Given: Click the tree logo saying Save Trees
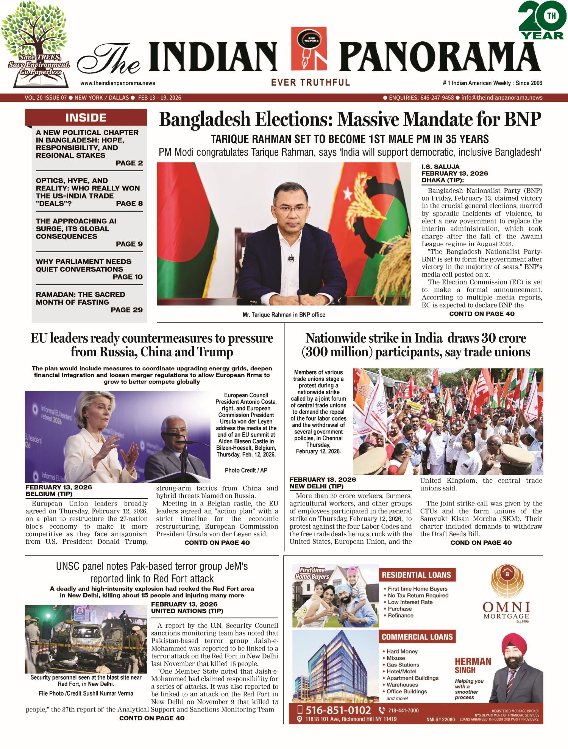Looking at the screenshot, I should pyautogui.click(x=36, y=45).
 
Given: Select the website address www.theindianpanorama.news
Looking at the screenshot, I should pyautogui.click(x=117, y=83).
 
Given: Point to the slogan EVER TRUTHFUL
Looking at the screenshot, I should pyautogui.click(x=310, y=82).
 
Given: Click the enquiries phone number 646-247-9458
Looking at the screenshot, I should pyautogui.click(x=437, y=98).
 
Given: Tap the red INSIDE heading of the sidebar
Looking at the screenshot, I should pyautogui.click(x=86, y=117).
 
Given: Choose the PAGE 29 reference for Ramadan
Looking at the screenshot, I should pyautogui.click(x=126, y=310).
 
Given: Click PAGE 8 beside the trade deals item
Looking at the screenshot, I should pyautogui.click(x=129, y=203).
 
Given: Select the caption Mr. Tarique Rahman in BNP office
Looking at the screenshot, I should pyautogui.click(x=284, y=315).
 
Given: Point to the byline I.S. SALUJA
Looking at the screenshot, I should pyautogui.click(x=440, y=167).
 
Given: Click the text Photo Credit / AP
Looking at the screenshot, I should pyautogui.click(x=246, y=470).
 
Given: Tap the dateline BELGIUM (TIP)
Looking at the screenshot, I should pyautogui.click(x=49, y=494).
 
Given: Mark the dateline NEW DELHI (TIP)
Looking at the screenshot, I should pyautogui.click(x=316, y=486).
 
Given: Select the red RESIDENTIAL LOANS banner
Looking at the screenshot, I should pyautogui.click(x=417, y=575).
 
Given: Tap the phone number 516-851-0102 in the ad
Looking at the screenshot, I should pyautogui.click(x=338, y=710).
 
